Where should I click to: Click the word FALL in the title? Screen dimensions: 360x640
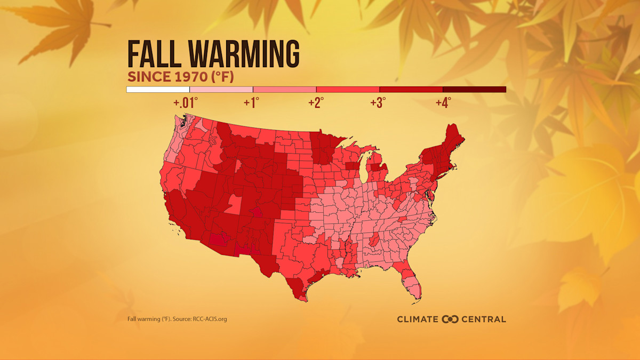tap(154, 53)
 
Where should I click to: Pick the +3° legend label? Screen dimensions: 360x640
tap(378, 103)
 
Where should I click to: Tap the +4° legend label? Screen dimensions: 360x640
tap(443, 103)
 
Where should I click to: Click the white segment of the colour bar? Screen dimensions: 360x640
tap(158, 90)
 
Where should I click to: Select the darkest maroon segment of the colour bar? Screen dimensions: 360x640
tap(474, 90)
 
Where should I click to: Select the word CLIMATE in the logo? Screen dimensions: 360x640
tap(418, 319)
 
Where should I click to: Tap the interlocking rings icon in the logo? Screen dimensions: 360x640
tap(451, 319)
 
